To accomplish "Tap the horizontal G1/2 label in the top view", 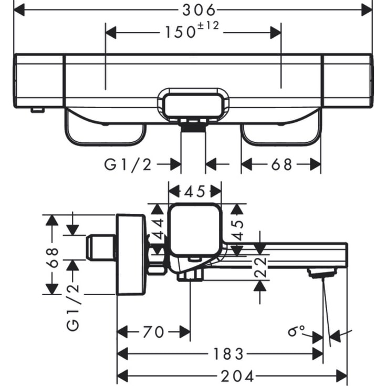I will coord(128,165).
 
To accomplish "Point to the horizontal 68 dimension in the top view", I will coord(281,165).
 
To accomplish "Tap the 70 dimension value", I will coord(152,332).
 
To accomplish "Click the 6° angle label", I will coord(297,331).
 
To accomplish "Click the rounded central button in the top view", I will coord(194,103).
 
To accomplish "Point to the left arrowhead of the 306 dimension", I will coord(20,8).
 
